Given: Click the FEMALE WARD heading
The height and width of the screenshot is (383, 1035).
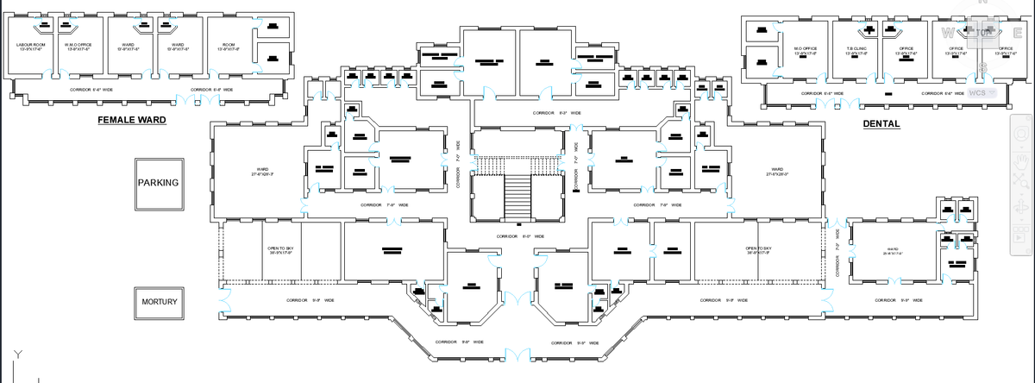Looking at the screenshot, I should point(131,120).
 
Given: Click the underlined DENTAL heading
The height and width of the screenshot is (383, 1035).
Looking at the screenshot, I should point(881,124).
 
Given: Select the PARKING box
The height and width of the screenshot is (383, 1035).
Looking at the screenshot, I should point(158,183).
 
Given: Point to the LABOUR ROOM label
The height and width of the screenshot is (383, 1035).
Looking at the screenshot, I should point(30,43).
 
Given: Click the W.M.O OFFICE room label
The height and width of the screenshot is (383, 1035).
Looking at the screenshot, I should point(78,43).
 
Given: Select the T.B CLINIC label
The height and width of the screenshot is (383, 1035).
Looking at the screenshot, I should point(856,48).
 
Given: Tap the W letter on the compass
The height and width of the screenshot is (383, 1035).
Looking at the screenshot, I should point(950,34).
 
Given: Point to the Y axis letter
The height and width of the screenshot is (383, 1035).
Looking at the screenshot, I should point(16,355).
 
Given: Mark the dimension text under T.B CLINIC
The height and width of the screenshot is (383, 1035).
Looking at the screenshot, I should point(856,53).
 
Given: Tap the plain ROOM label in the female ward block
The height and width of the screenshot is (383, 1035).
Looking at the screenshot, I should point(229,43).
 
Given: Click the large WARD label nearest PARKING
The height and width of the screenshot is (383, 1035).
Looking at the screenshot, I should point(262,168).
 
